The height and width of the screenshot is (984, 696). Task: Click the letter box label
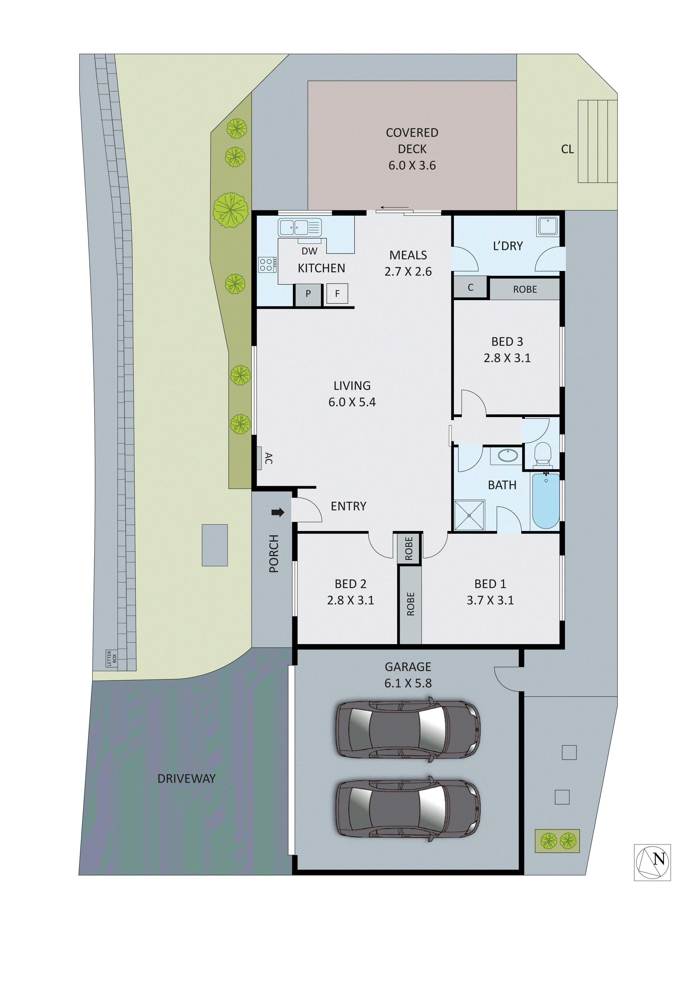click(x=111, y=658)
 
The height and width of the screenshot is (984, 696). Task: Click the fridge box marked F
click(x=337, y=294)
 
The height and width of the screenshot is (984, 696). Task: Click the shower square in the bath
click(x=470, y=515)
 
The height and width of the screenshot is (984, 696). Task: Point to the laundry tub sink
click(x=548, y=226)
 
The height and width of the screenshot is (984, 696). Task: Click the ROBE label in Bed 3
click(x=525, y=289)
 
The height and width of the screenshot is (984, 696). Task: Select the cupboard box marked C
click(x=470, y=288)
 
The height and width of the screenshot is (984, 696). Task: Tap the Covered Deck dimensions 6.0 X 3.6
click(x=412, y=165)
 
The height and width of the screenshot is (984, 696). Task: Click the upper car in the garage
click(x=408, y=729)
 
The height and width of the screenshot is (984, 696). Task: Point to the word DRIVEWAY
click(x=187, y=779)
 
